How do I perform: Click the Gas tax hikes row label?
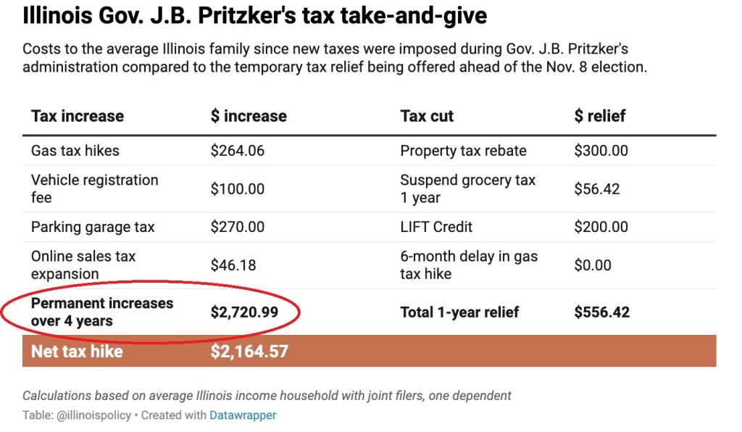coord(75,151)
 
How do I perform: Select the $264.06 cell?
coord(238,151)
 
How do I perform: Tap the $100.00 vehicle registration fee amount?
coord(238,188)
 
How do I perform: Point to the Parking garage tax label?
coord(93,227)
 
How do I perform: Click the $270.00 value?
coord(238,227)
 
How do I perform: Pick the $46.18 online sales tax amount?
coord(233,265)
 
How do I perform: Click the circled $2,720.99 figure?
coord(245,312)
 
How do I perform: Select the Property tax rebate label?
coord(463,151)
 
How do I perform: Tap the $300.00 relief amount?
coord(601,151)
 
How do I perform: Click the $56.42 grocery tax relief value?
coord(597,188)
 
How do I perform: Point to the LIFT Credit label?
coord(436,227)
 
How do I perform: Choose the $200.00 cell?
coord(601,227)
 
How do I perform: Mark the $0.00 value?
coord(593,265)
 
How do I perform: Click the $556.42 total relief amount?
coord(602,312)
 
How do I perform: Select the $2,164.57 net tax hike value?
coord(249,352)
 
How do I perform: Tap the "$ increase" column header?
coord(249,116)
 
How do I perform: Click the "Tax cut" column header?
coord(427,116)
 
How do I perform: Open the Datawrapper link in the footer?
coord(243,415)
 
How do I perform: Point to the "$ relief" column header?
coord(599,116)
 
